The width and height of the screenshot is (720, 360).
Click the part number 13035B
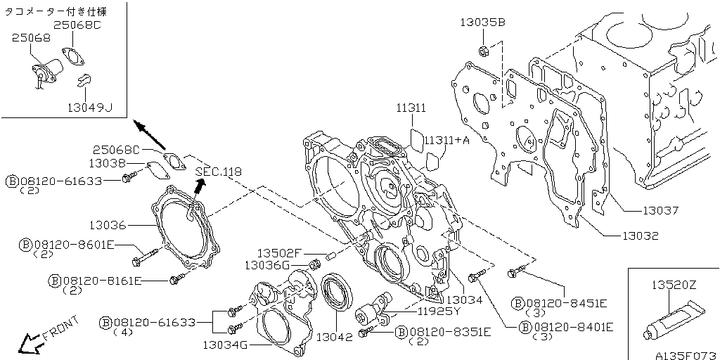pos(482,22)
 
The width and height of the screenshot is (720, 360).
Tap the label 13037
pos(660,211)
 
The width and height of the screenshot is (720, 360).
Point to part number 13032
pos(641,236)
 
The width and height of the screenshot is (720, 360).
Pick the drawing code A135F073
pos(686,355)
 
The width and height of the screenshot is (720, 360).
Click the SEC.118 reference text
pos(218,172)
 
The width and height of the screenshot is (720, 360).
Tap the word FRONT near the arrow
pos(62,328)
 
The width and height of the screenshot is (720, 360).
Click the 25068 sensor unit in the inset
pos(46,72)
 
